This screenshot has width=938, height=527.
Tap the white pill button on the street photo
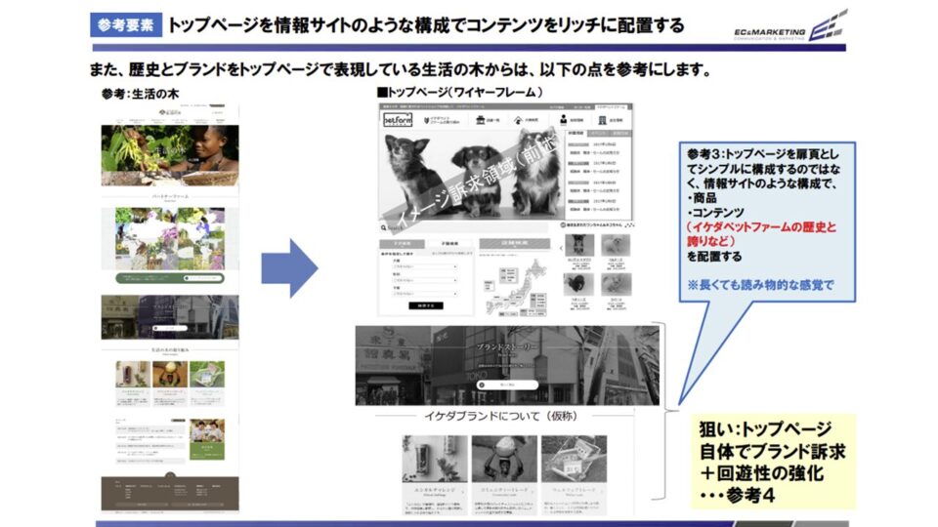(x=506, y=385)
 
